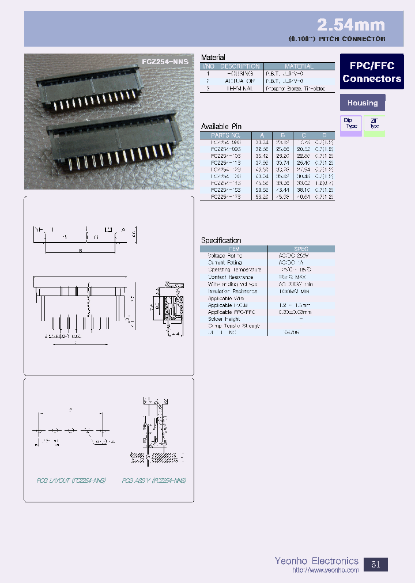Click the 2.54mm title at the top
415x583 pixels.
[350, 25]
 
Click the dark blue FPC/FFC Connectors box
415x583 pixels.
[372, 72]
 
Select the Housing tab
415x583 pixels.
[363, 103]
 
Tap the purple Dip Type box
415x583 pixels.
[351, 125]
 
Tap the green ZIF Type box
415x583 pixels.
[374, 125]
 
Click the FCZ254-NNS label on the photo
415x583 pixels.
[165, 60]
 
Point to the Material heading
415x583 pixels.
[213, 58]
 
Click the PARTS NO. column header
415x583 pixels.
[226, 135]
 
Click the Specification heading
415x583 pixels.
[221, 240]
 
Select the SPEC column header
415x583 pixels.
[301, 248]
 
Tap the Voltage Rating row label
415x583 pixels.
[225, 256]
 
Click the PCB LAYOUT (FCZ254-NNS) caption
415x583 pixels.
[70, 480]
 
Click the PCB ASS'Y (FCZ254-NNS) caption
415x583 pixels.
[154, 480]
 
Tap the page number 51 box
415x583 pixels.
[376, 564]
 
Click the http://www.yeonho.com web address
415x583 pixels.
[326, 570]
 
